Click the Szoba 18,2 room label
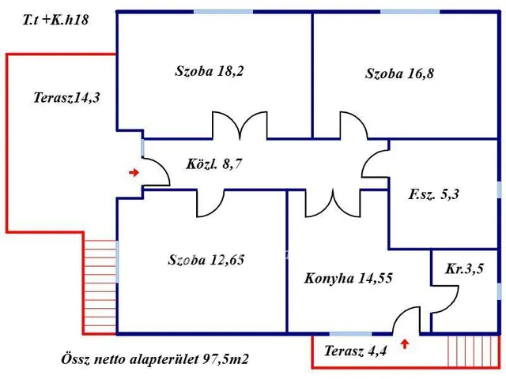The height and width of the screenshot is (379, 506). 210,71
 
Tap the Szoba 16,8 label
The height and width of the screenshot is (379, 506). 400,74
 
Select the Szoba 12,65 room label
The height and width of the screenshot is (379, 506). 205,260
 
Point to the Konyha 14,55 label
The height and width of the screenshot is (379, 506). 349,278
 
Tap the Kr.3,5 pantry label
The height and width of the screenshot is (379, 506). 464,268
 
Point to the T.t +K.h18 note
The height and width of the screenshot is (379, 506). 55,20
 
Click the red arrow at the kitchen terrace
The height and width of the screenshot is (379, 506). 406,343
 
